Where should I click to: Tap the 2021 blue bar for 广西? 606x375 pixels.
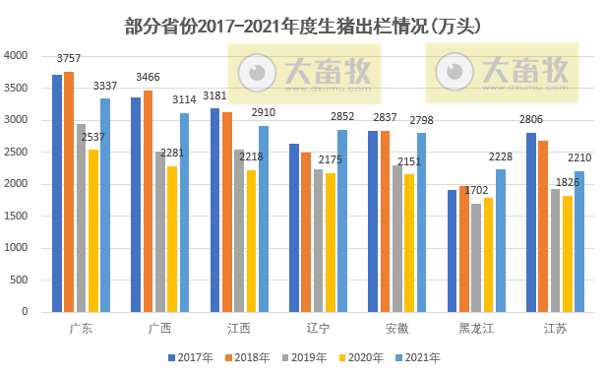(184, 213)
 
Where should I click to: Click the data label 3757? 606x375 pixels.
(69, 60)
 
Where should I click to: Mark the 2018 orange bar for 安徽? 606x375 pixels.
(386, 221)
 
